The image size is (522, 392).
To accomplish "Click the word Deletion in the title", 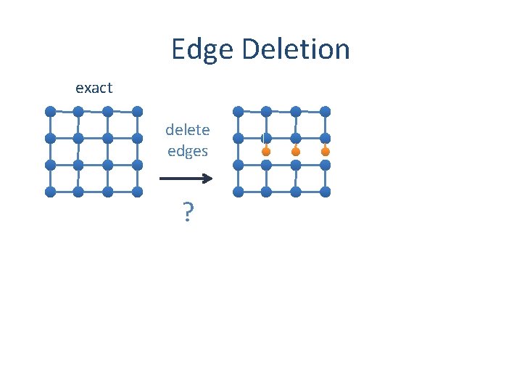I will coord(297,49).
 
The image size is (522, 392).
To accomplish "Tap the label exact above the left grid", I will coord(94,88).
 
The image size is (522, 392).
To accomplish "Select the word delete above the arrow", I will coord(187,130).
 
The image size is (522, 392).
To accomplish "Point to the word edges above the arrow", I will coord(187,151).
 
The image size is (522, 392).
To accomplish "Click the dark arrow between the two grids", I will coord(186,178).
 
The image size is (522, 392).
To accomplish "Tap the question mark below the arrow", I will coord(188,213).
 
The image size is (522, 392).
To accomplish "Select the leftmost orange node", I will coord(266,152).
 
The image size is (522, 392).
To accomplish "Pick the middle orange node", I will coord(296,152).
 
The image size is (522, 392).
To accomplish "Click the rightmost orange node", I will coord(326,152).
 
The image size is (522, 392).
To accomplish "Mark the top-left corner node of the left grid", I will coord(50,111).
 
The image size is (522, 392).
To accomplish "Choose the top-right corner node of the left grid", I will coord(138,111).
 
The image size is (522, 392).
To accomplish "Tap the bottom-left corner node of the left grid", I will coord(50,192).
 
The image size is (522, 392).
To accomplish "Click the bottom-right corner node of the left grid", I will coord(138,192).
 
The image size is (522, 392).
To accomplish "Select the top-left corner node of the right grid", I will coord(238,111).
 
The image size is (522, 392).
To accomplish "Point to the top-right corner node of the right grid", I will coord(326,111).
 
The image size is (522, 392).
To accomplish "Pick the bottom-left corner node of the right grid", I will coord(238,192).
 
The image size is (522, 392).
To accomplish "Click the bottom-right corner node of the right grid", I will coord(326,192).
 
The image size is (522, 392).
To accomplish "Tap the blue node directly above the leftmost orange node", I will coord(266,137).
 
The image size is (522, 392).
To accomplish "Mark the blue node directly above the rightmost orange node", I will coord(326,138).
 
